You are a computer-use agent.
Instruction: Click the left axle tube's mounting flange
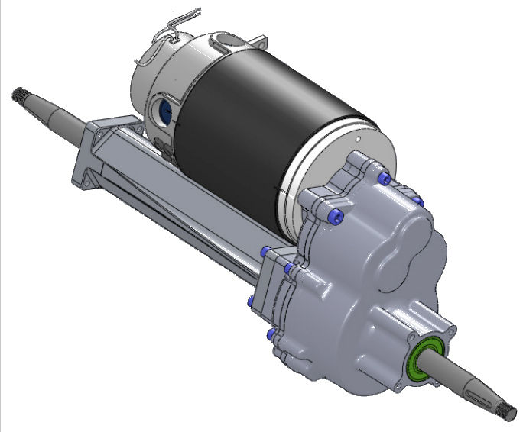tap(90, 153)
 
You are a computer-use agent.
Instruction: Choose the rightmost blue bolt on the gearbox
tap(417, 201)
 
